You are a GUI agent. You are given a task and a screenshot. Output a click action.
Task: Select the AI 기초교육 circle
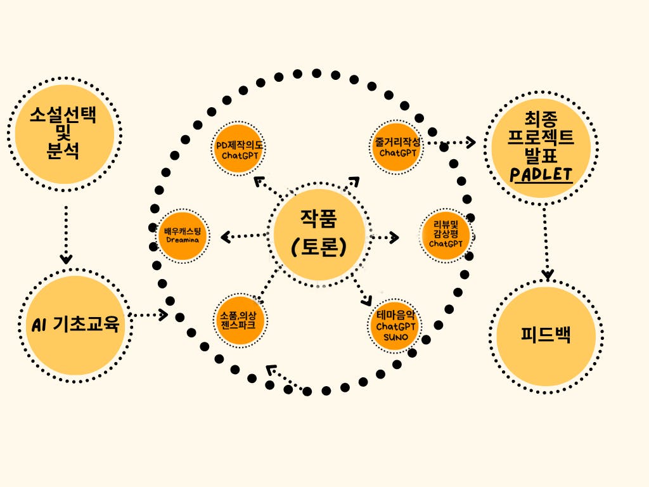(x=75, y=325)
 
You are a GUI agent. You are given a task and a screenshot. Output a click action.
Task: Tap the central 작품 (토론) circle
(x=319, y=235)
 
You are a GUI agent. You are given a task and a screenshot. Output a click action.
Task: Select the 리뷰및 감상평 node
(x=446, y=235)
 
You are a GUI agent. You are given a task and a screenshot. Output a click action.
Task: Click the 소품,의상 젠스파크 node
(x=238, y=320)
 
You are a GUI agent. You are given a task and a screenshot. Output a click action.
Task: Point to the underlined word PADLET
(x=541, y=174)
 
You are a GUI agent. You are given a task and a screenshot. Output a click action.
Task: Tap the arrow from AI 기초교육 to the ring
(x=148, y=314)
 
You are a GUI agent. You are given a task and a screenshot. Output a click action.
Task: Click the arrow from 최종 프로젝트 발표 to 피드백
(x=546, y=244)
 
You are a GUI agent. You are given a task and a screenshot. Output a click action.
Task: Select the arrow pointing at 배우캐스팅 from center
(x=244, y=237)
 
